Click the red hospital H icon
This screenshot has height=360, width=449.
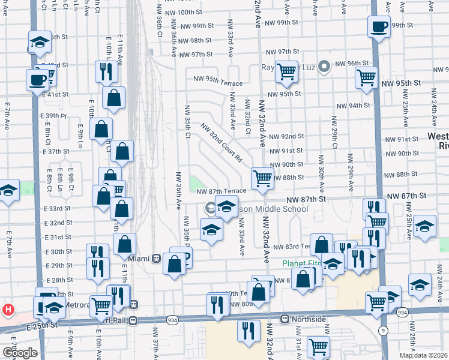[8, 310]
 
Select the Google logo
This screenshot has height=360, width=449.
[20, 353]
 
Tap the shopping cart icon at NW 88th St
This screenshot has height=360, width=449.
[262, 178]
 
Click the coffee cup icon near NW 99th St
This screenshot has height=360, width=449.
[379, 27]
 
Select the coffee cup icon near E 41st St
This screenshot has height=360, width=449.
[37, 79]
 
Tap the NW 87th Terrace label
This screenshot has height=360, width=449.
[221, 191]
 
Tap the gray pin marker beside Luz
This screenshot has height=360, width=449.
[325, 67]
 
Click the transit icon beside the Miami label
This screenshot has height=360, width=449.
[156, 259]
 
